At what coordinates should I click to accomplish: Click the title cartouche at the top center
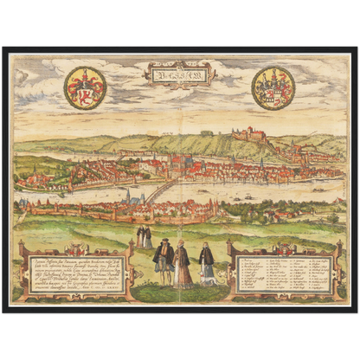[x=180, y=75]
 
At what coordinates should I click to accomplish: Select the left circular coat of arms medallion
[x=85, y=87]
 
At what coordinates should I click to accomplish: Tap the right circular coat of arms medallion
[x=273, y=87]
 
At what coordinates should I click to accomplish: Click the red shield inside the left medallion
[x=85, y=88]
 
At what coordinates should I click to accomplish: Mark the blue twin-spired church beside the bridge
[x=130, y=197]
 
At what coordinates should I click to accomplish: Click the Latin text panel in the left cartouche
[x=74, y=273]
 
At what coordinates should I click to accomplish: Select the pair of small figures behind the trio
[x=145, y=236]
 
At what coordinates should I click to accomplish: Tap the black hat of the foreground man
[x=162, y=243]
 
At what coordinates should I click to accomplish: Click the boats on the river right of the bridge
[x=251, y=197]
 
